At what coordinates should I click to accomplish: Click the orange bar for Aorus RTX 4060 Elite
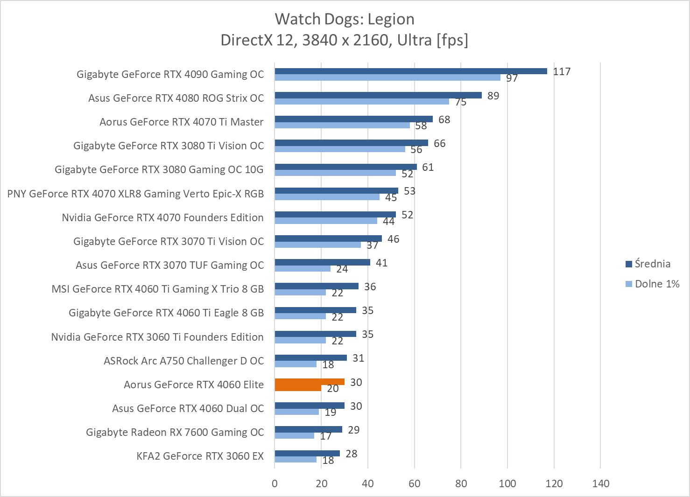coord(309,382)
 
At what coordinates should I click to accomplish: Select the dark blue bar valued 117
coord(410,71)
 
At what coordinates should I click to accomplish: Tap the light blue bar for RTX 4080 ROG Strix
coord(361,101)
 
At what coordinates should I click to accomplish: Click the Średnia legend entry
coord(652,264)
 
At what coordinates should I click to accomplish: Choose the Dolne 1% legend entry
coord(656,284)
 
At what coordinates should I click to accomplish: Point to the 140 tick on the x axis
coord(600,483)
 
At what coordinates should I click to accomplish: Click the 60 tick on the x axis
coord(415,483)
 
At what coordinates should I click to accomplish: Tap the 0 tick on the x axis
coord(275,483)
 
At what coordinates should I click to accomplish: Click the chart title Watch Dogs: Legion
coord(345,19)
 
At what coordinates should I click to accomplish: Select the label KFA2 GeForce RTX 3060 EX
coord(200,456)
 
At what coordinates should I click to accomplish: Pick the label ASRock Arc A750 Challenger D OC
coord(183,361)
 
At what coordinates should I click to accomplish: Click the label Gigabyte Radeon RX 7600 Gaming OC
coord(175,432)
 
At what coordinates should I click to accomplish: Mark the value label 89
coord(493,96)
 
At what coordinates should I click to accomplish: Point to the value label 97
coord(512,78)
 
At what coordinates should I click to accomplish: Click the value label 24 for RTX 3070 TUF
coord(342,269)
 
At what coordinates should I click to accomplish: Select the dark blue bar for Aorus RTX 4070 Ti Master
coord(353,119)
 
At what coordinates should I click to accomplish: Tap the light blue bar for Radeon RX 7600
coord(294,436)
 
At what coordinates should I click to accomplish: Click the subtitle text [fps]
coord(452,40)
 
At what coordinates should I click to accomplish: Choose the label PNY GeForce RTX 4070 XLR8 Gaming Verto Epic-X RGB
coord(135,194)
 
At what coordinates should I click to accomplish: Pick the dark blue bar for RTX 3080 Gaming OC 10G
coord(345,167)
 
